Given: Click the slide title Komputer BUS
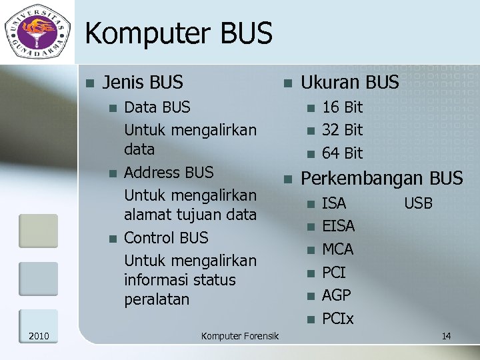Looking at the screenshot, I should click(179, 33).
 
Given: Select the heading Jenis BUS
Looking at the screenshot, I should click(143, 83).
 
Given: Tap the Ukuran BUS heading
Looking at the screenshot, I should click(350, 83).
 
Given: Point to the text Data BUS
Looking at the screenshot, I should click(157, 107).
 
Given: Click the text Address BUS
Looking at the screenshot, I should click(169, 173).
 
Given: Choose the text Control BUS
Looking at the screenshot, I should click(166, 238).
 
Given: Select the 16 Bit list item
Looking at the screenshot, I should click(342, 107).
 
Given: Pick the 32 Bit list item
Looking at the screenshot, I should click(342, 130).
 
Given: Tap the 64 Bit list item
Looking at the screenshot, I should click(342, 153).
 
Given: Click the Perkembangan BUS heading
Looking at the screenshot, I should click(382, 179).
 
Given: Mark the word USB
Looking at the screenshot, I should click(418, 203).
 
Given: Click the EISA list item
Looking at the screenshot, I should click(338, 227).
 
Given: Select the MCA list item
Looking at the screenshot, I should click(337, 250).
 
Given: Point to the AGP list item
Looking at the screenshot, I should click(337, 295).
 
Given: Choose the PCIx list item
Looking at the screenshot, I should click(337, 319).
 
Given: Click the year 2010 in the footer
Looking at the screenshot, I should click(39, 335).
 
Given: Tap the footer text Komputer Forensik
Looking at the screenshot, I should click(240, 336).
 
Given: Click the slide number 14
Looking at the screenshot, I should click(446, 336).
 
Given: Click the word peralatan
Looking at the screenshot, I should click(157, 300).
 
